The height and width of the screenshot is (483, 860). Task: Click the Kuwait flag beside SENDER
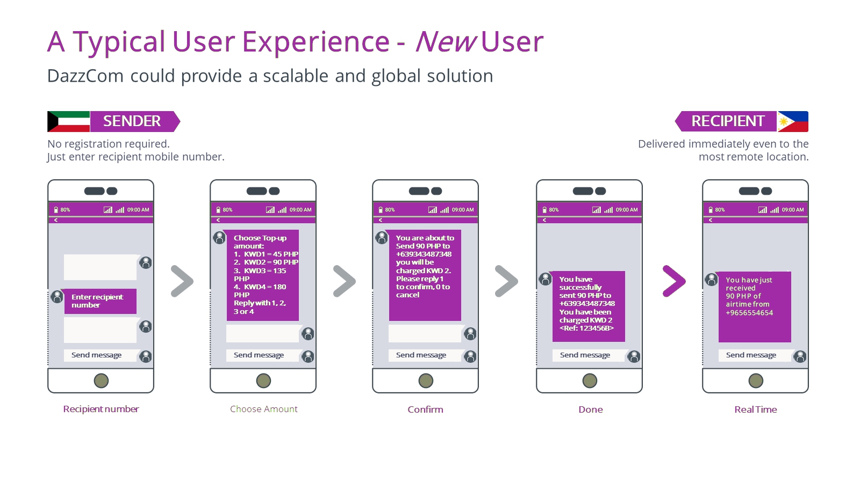click(68, 121)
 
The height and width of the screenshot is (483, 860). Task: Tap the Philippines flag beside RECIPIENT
click(793, 121)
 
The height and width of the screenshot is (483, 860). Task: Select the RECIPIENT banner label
click(726, 121)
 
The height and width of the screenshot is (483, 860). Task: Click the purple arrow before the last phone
click(674, 281)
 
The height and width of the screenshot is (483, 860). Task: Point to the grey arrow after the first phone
click(182, 281)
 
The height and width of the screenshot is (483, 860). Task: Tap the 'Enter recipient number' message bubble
click(100, 301)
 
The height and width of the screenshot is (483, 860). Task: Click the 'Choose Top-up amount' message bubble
click(263, 275)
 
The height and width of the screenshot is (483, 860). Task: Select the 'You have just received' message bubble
click(755, 306)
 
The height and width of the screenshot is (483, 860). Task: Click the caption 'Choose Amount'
click(264, 409)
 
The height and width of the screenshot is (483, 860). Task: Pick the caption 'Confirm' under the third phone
click(425, 409)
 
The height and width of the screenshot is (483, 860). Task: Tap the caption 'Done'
click(591, 409)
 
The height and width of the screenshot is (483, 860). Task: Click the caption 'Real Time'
click(756, 409)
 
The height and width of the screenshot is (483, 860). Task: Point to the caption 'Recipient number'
click(101, 409)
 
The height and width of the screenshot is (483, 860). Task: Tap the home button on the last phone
click(756, 380)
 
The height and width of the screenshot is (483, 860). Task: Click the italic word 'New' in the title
click(446, 41)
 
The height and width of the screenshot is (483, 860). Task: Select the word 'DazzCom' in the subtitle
click(85, 76)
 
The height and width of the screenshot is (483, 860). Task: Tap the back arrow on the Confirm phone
click(381, 220)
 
